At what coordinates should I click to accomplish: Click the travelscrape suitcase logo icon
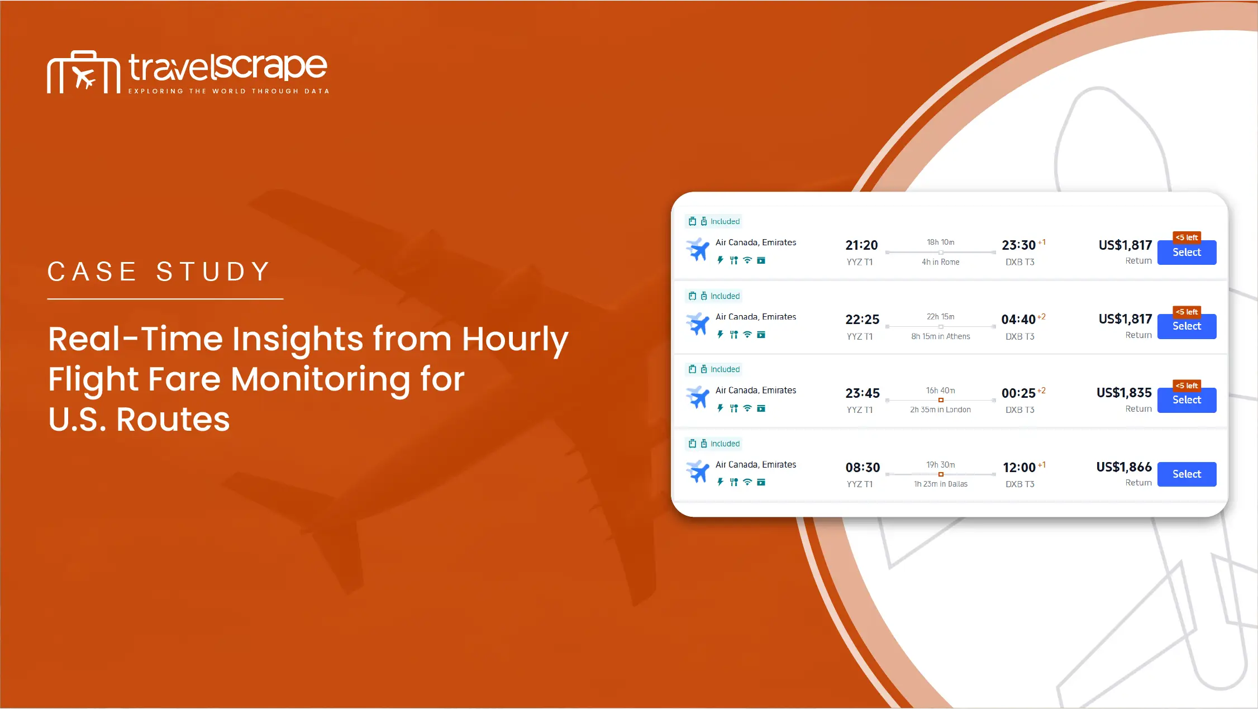84,72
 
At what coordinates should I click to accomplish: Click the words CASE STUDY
159,272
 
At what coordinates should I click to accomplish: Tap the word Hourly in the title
515,340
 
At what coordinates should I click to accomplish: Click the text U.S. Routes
139,419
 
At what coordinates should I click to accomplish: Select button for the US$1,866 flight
1186,474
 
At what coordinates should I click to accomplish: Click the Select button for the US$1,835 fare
1186,400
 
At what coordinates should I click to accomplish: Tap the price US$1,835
1124,393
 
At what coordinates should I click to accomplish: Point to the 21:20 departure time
861,245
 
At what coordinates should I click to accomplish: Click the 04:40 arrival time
1018,320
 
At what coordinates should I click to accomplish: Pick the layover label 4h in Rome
941,262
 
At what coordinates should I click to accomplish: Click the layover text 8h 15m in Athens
941,336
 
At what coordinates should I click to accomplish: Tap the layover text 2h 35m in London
941,410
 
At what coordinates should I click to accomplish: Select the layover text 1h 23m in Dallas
941,484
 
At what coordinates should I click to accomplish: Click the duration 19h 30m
941,465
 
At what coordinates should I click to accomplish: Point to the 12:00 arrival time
1019,468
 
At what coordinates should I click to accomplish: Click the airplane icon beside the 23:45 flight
698,397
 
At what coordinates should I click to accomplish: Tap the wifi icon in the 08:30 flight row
747,482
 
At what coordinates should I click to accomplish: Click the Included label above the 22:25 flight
725,296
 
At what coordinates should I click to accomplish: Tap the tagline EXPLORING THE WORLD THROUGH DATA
229,91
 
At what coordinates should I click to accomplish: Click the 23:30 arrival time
1019,245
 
